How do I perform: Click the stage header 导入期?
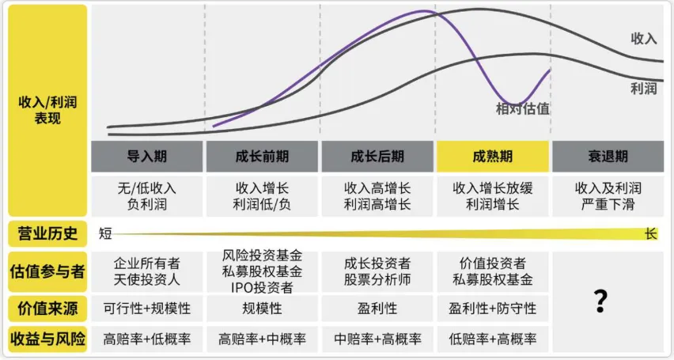[147, 157]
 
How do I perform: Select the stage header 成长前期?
[262, 157]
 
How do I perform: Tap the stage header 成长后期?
[377, 157]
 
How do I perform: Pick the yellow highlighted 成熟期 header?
[493, 157]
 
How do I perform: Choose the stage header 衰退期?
[608, 157]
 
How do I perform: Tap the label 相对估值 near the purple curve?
[523, 108]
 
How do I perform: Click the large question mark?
[600, 301]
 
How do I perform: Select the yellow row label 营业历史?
[47, 233]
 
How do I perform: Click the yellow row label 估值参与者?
[47, 271]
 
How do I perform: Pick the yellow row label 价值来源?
[47, 308]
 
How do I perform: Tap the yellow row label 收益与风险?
[47, 339]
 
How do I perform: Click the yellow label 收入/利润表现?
[47, 111]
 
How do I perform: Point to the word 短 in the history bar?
[105, 233]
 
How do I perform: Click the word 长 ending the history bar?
[651, 233]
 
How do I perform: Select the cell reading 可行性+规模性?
[147, 308]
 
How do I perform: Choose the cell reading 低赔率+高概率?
[492, 339]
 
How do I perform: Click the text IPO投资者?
[262, 287]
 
